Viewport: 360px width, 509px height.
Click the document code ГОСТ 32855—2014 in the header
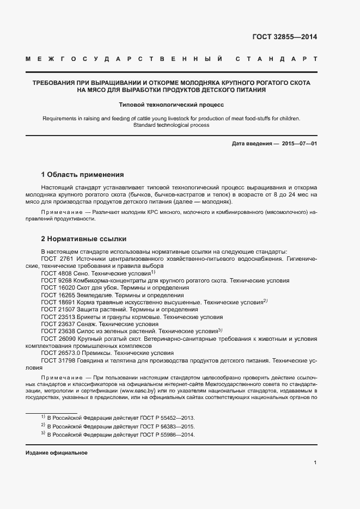tap(284, 38)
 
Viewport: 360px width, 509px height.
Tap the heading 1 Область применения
tap(83, 175)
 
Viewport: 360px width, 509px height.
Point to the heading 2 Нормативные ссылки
tap(84, 238)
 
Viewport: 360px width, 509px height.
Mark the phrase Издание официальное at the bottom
tap(57, 453)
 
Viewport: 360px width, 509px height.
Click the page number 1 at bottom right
tap(315, 463)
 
